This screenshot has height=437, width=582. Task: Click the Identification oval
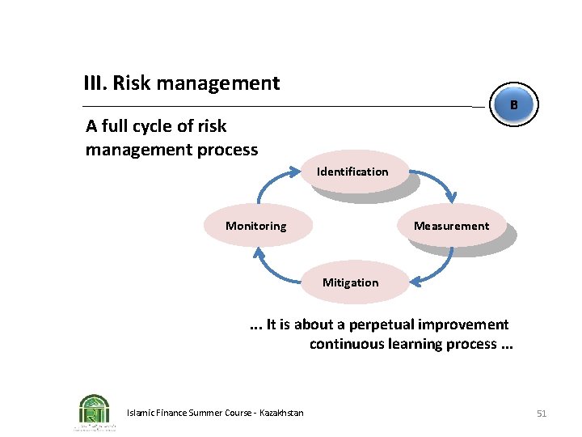[x=352, y=172]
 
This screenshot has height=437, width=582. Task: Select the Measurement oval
[x=451, y=226]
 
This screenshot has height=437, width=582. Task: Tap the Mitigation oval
[x=350, y=282]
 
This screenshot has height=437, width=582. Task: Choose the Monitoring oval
[x=255, y=226]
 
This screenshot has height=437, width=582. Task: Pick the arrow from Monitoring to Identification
[x=271, y=182]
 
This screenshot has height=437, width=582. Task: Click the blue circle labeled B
[x=513, y=105]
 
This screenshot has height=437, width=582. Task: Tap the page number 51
[x=542, y=414]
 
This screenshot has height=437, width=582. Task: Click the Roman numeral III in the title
[x=95, y=83]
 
